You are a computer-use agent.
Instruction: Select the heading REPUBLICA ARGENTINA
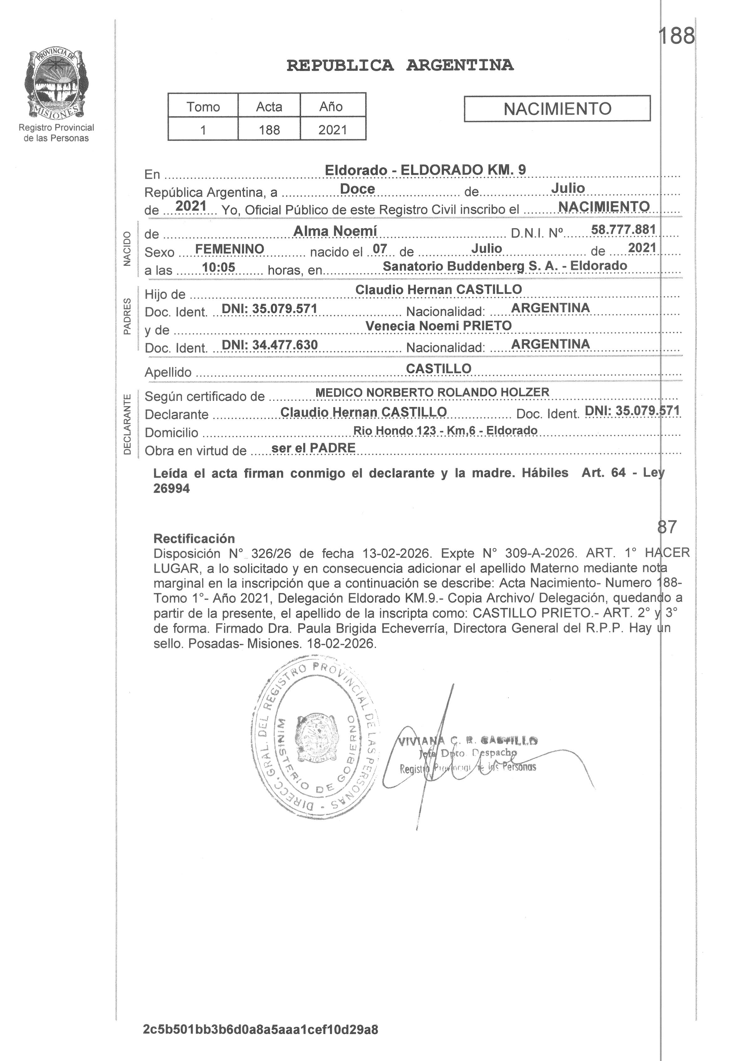[400, 65]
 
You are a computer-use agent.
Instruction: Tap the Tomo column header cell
[203, 106]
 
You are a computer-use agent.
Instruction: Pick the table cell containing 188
[269, 130]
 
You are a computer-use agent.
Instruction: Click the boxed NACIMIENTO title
[557, 109]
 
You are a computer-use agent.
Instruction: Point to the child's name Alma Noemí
[335, 231]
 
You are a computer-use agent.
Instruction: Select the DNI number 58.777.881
[623, 230]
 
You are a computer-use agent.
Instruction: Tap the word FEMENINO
[230, 249]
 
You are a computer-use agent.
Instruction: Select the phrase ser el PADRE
[313, 448]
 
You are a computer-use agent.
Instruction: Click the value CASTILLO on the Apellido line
[438, 369]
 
